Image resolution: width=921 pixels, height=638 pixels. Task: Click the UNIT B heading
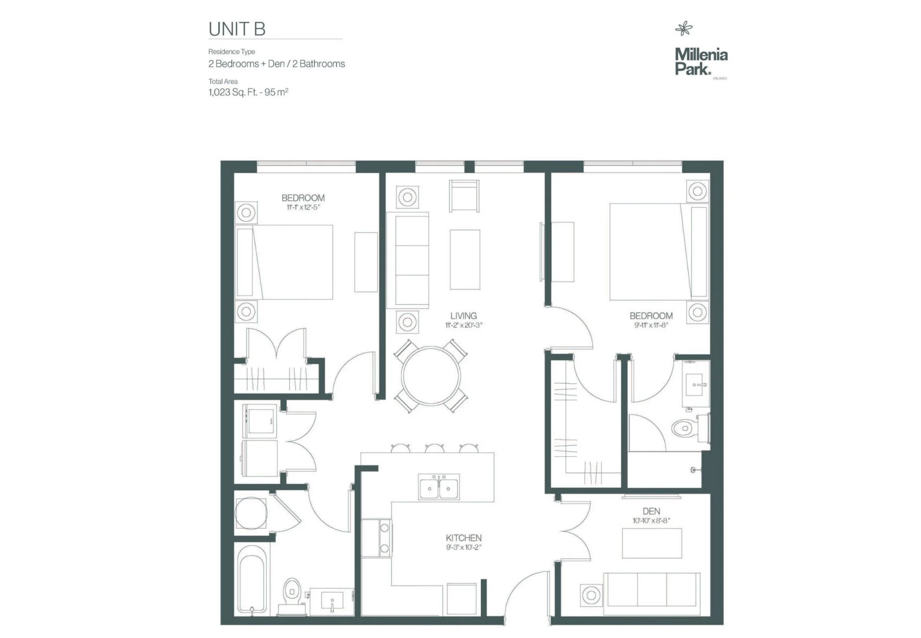[x=237, y=29]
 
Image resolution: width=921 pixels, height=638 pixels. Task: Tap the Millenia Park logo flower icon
[x=683, y=29]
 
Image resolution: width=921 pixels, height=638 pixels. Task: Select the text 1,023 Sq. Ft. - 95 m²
[x=248, y=92]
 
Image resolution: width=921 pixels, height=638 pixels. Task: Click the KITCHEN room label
[x=464, y=538]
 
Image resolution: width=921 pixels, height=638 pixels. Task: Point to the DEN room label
[x=651, y=511]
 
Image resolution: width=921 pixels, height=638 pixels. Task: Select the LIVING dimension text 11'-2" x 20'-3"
[x=464, y=325]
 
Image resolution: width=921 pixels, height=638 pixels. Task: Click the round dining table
[x=431, y=376]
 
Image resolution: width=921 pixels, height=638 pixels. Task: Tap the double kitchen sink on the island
[x=439, y=487]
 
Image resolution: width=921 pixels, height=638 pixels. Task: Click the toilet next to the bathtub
[x=292, y=596]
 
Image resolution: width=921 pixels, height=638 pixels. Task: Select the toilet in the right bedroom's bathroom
[x=690, y=429]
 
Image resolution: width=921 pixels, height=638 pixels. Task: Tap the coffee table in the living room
[x=465, y=259]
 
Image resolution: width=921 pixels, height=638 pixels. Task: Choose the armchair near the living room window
[x=464, y=196]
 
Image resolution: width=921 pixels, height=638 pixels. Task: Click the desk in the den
[x=652, y=543]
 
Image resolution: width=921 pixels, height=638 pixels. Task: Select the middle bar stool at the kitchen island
[x=434, y=448]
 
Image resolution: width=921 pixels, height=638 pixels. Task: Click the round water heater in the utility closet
[x=251, y=513]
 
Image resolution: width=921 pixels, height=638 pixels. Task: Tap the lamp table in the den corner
[x=591, y=595]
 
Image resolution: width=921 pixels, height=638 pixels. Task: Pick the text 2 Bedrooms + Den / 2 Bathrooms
[x=277, y=64]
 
